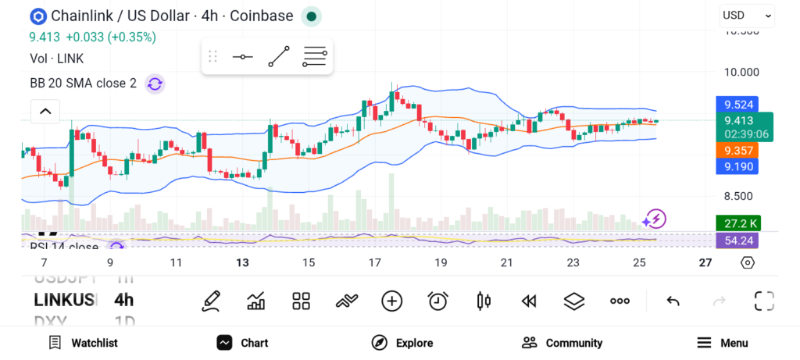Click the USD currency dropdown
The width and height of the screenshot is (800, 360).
point(747,15)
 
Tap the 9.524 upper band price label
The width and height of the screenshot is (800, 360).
point(737,104)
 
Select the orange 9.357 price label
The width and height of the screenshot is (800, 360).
point(737,150)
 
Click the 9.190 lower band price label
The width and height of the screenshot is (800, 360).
point(737,166)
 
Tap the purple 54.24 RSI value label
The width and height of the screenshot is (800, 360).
point(737,241)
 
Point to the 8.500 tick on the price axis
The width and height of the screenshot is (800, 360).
point(738,196)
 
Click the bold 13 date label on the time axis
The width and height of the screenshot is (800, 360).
point(243,263)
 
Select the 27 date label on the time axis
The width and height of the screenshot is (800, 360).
point(705,263)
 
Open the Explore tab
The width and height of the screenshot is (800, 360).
point(402,343)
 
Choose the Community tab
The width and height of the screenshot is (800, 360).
point(562,343)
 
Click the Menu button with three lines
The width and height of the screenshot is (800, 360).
point(722,343)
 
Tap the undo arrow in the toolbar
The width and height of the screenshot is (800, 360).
point(673,301)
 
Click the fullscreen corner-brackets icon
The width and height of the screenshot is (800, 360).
point(763,301)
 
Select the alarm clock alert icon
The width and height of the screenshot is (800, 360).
point(437,301)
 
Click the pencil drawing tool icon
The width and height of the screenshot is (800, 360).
point(210,301)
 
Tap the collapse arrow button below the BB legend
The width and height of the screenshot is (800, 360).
point(45,112)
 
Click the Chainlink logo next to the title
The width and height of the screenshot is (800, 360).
point(37,16)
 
